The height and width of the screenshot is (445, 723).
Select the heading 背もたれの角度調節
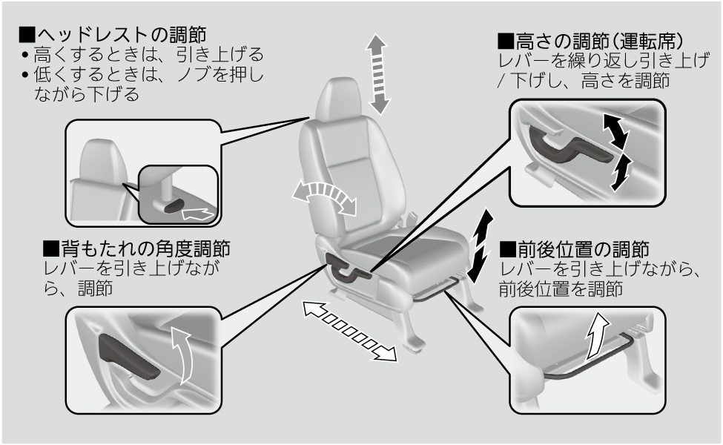click(x=136, y=248)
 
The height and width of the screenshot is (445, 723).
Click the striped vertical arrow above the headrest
click(x=379, y=73)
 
